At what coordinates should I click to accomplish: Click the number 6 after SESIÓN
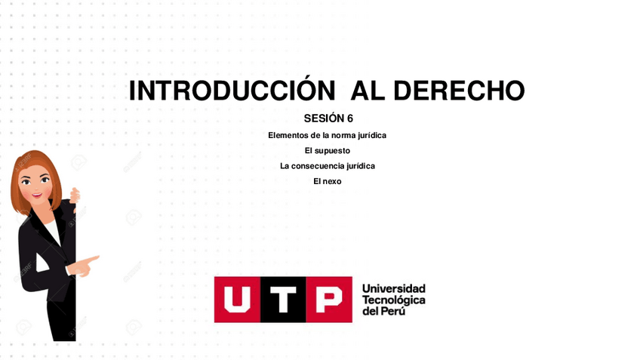pos(349,118)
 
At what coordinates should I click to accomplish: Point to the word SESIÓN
pos(323,118)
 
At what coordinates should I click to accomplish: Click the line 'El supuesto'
pos(328,150)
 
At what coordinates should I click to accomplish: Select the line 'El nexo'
pos(328,181)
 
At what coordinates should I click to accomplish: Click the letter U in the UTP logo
pos(237,300)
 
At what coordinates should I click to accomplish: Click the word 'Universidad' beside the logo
pos(394,288)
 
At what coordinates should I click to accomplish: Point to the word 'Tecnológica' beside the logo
pos(394,300)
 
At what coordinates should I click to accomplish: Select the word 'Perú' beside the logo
pos(392,311)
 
